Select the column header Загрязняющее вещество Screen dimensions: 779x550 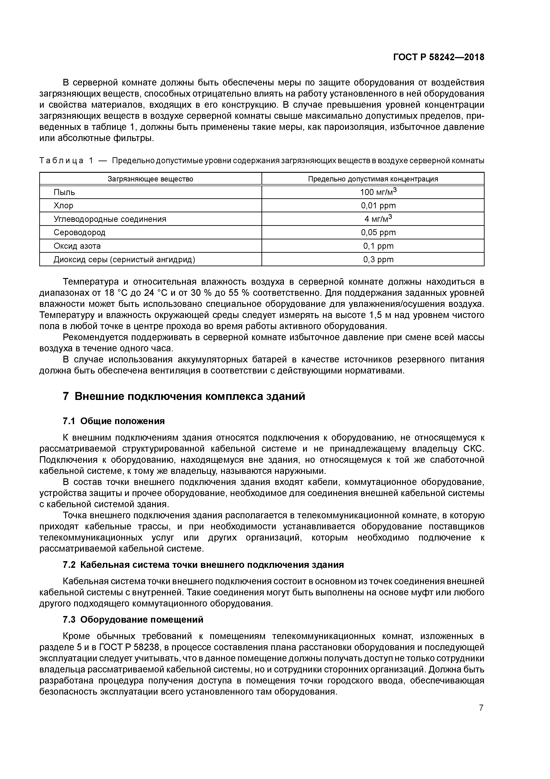coord(150,179)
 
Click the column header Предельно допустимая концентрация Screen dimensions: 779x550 coord(373,179)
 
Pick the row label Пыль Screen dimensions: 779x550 coord(64,192)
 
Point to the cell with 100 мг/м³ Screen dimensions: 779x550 coord(378,192)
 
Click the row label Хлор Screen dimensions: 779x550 coord(63,206)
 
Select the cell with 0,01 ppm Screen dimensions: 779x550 coord(378,206)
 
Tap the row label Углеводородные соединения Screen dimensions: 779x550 coord(110,219)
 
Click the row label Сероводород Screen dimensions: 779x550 coord(79,233)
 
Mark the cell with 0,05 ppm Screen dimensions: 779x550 coord(378,233)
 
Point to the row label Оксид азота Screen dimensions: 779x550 coord(77,246)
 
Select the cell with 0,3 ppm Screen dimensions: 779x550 coord(378,260)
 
